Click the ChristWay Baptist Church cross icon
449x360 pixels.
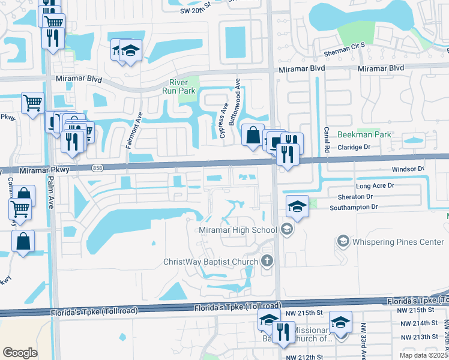point(267,261)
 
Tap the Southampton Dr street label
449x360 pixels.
point(354,208)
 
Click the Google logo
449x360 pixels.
point(20,353)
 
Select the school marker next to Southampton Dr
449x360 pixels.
point(297,207)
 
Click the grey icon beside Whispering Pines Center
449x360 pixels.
point(343,242)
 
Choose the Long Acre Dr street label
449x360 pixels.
point(376,187)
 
